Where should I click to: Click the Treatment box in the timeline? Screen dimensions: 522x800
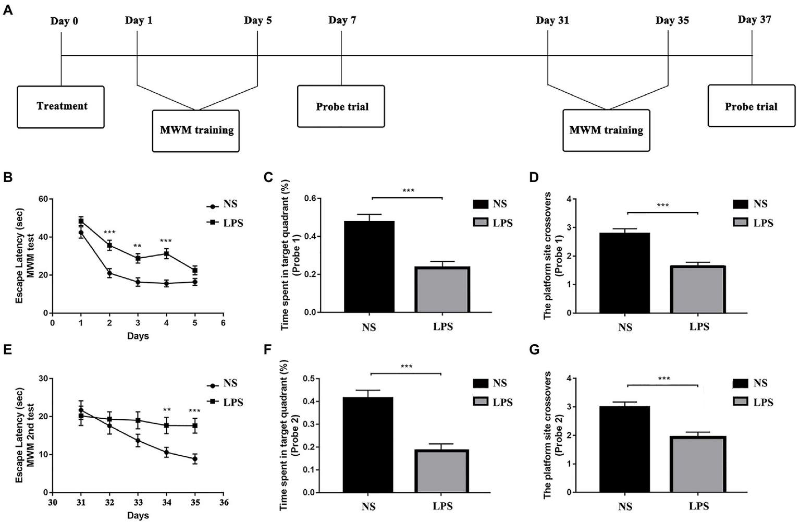[61, 107]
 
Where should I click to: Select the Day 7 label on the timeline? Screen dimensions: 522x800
[342, 20]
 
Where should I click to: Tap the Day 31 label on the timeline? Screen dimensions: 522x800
[552, 20]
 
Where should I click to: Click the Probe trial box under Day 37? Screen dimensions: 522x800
[751, 106]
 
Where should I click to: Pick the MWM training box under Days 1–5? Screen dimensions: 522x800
[196, 130]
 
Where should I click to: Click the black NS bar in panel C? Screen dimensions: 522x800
[369, 266]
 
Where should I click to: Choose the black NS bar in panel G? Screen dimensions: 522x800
[624, 449]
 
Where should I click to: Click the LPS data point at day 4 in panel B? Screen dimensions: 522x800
[166, 253]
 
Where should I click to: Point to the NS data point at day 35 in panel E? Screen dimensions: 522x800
[195, 459]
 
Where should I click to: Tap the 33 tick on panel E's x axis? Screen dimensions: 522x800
[138, 503]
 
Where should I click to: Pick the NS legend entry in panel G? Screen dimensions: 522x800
[752, 383]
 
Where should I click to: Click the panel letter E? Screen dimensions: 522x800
[7, 349]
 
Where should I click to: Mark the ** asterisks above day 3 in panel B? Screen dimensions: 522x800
[138, 247]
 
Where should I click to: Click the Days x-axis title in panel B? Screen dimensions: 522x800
[138, 336]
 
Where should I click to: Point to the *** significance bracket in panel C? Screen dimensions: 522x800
[407, 198]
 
